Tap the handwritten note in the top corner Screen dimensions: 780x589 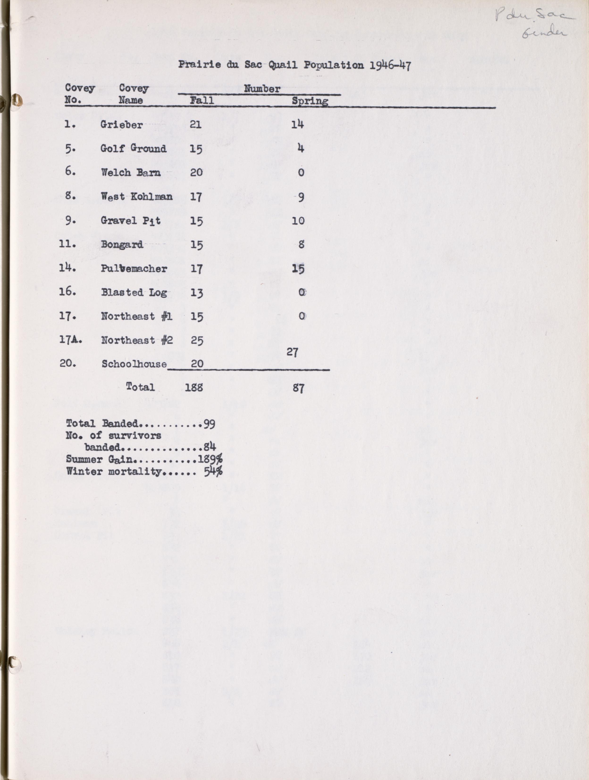(534, 25)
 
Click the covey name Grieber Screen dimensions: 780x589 (122, 125)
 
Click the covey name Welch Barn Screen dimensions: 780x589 (131, 172)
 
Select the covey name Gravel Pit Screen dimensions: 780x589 (131, 221)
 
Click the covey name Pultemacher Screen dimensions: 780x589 (134, 269)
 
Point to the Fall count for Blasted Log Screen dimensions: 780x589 (197, 293)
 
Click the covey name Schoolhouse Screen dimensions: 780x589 (134, 364)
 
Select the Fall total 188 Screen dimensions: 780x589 (194, 388)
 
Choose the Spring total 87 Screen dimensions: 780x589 (298, 388)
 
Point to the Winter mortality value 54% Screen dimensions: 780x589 (213, 471)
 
